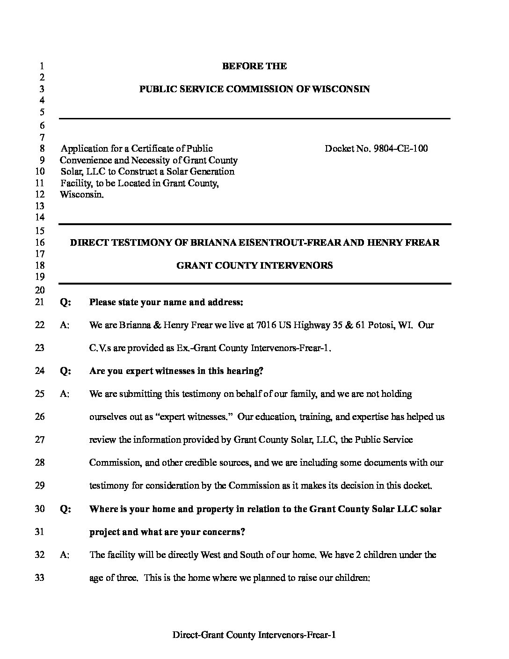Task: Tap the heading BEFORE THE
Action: pyautogui.click(x=254, y=66)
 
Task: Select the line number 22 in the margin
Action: pyautogui.click(x=40, y=325)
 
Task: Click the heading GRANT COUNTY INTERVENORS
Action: pyautogui.click(x=254, y=265)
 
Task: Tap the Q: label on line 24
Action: pyautogui.click(x=65, y=371)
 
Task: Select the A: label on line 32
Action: pyautogui.click(x=65, y=555)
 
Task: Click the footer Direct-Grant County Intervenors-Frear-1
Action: pyautogui.click(x=254, y=635)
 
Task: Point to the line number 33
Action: pyautogui.click(x=40, y=578)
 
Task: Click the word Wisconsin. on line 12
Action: pyautogui.click(x=82, y=194)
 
